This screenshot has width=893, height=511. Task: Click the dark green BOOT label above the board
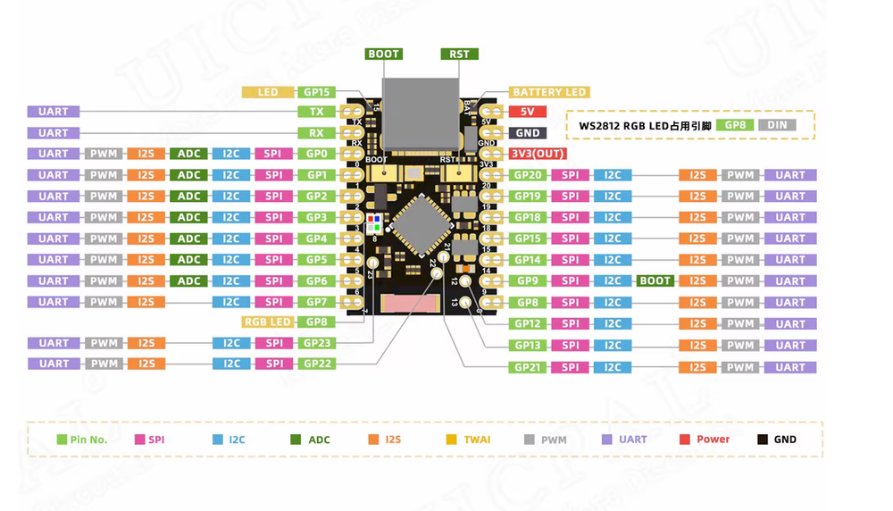click(384, 54)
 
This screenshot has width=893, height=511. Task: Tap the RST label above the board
click(459, 54)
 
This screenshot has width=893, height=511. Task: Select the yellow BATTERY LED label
click(549, 92)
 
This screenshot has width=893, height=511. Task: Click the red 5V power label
click(527, 112)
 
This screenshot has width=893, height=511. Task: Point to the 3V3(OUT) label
click(537, 154)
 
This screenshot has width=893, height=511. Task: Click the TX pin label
click(316, 112)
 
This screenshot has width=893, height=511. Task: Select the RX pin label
click(316, 133)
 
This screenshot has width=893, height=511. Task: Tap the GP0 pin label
click(316, 154)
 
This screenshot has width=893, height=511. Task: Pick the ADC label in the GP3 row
click(188, 217)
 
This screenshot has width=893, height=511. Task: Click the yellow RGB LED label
click(267, 322)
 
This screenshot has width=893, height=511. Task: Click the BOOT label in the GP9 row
click(655, 281)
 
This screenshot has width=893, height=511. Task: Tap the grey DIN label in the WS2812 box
click(777, 125)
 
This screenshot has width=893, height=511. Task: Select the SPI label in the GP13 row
click(570, 346)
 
